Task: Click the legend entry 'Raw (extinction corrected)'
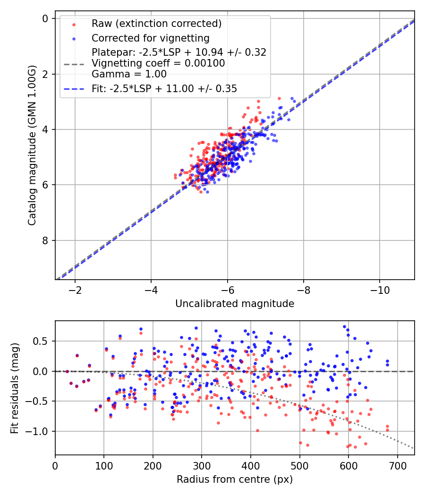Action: [156, 24]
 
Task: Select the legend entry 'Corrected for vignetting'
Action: [150, 38]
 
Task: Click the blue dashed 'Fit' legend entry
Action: [164, 88]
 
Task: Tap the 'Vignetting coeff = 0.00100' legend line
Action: [158, 63]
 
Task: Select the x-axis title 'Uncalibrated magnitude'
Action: [235, 304]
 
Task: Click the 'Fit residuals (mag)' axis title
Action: [15, 388]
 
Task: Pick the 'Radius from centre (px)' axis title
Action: [235, 479]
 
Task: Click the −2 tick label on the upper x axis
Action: [75, 289]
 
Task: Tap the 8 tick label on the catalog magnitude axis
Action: [46, 241]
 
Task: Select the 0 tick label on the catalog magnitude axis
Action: [46, 18]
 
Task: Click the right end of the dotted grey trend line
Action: [414, 448]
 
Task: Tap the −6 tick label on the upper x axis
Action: [227, 289]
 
